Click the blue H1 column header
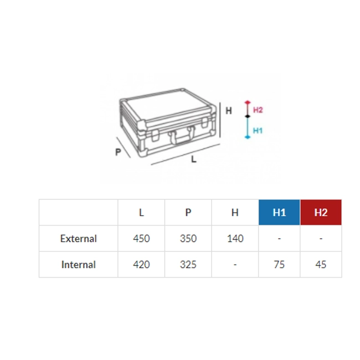[x=279, y=212]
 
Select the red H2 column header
[x=321, y=212]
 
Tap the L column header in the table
[x=141, y=213]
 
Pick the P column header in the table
[x=188, y=213]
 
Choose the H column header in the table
[x=235, y=213]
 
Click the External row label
[x=79, y=239]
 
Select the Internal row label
[x=79, y=265]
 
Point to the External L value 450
[x=141, y=239]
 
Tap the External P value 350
[x=188, y=239]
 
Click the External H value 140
[x=235, y=239]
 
